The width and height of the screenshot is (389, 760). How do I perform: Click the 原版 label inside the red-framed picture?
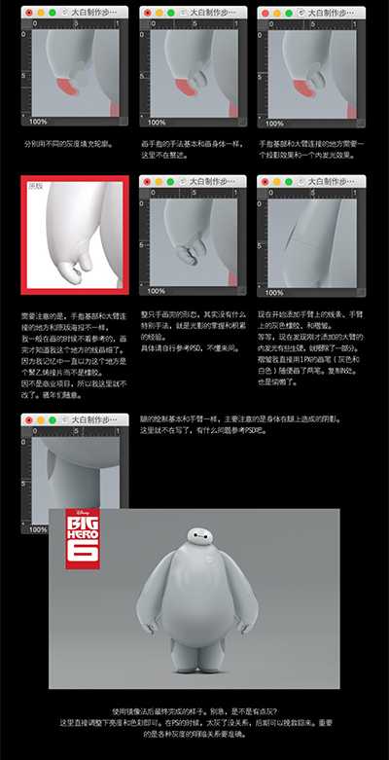pos(36,185)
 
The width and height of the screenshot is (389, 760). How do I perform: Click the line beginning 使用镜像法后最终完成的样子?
pos(194,711)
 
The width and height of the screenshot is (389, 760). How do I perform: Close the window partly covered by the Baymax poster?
pos(31,418)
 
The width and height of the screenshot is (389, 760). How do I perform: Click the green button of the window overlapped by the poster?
pos(54,418)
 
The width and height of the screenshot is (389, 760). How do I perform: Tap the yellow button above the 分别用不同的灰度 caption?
pos(43,12)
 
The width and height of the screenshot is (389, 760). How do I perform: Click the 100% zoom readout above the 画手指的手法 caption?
pos(156,123)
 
